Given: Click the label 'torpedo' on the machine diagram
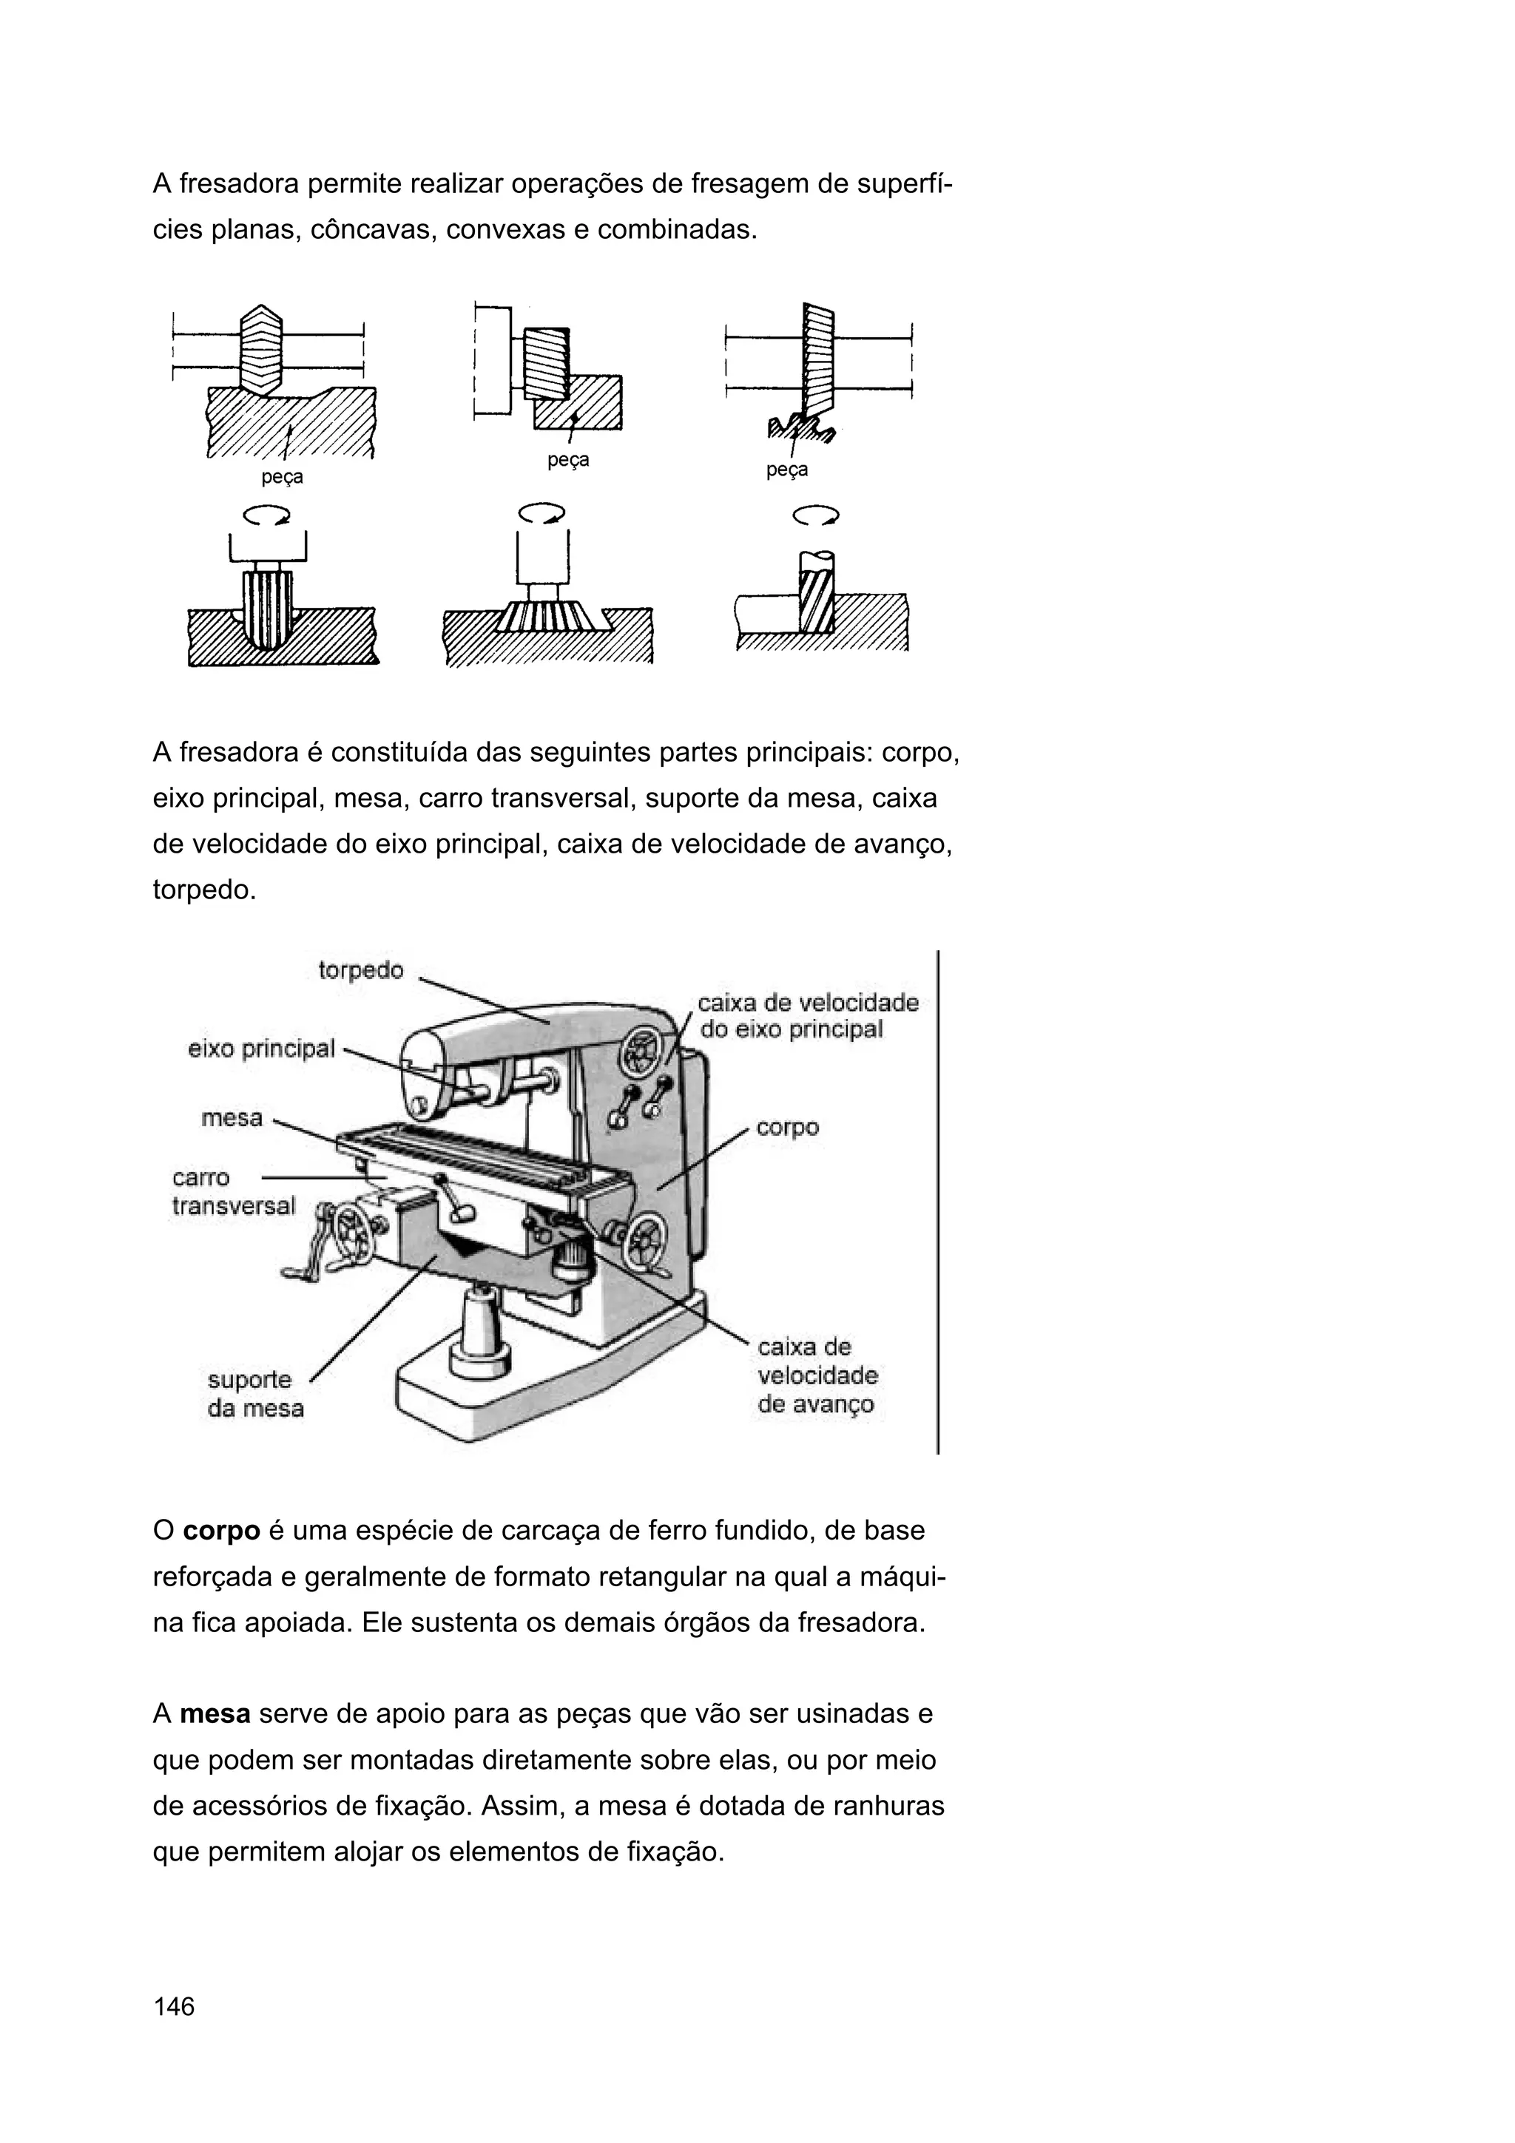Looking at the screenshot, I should [x=360, y=971].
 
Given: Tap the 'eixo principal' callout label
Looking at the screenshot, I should [x=261, y=1049].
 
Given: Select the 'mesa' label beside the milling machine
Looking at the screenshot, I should [x=232, y=1117].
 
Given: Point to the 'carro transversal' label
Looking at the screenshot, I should [x=232, y=1192].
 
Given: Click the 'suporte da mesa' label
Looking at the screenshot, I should [x=254, y=1393].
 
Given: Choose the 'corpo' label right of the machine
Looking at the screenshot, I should [x=787, y=1128].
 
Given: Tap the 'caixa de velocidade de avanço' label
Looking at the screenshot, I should [x=817, y=1375].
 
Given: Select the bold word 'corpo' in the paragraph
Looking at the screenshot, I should [x=221, y=1531].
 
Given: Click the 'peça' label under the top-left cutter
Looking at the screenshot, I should [x=282, y=478].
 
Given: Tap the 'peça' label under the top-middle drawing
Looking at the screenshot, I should [x=567, y=460].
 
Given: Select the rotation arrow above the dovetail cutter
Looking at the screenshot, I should [x=541, y=513].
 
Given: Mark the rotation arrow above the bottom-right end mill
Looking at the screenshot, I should [x=815, y=515].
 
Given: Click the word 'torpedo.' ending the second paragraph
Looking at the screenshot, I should [x=203, y=890].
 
